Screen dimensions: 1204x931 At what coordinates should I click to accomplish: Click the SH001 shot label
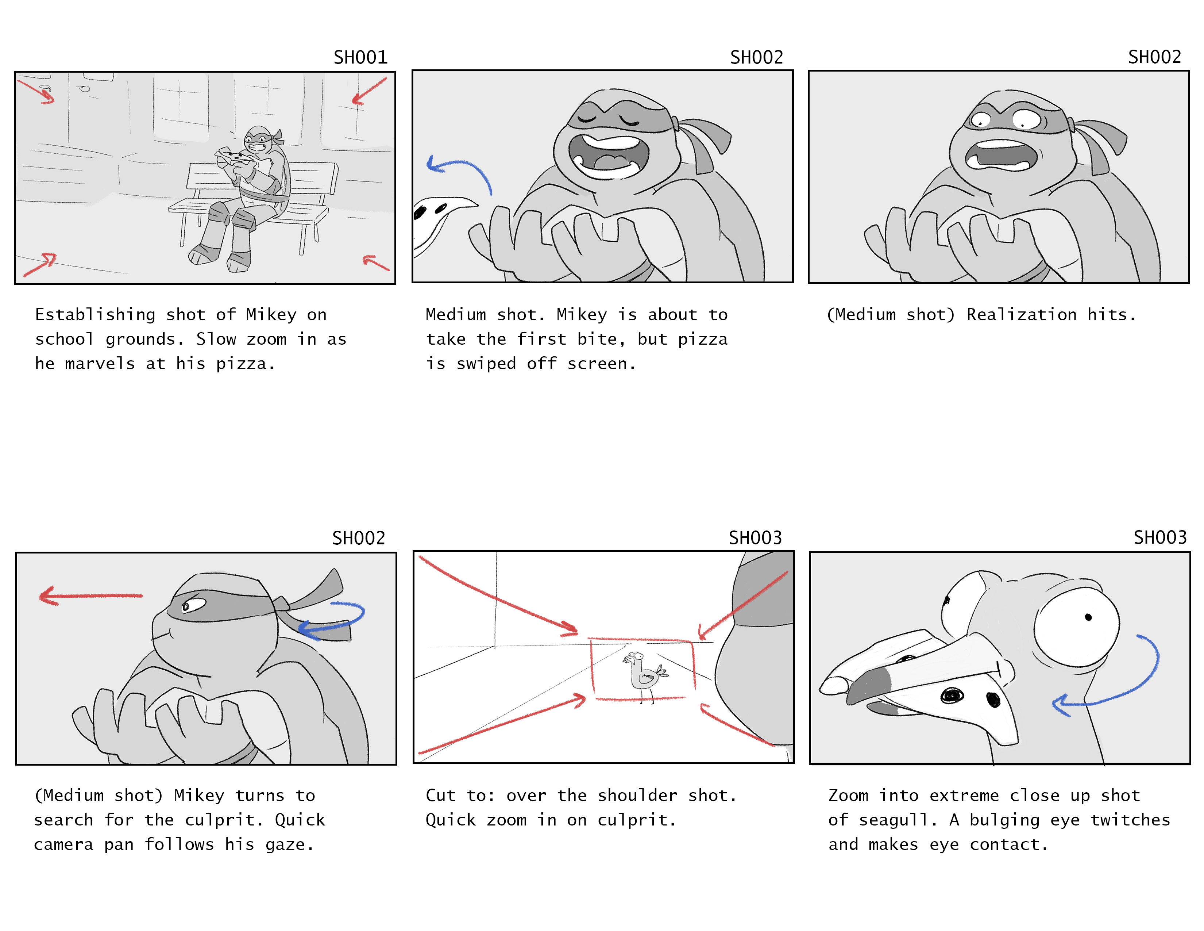pos(360,57)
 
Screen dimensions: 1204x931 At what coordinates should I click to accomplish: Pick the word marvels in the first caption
pos(100,364)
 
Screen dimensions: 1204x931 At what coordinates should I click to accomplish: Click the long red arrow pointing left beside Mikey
pos(91,596)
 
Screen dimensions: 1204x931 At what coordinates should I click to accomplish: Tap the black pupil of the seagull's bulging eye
pos(1088,617)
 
